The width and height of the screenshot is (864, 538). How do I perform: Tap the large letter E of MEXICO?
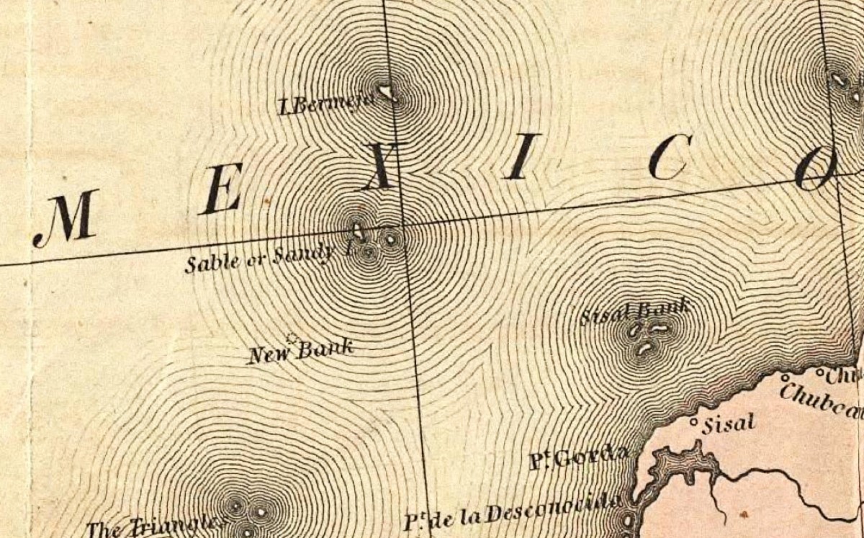pos(221,194)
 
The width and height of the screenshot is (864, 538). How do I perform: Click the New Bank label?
pos(300,351)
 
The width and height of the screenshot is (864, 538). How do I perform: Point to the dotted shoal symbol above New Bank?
pos(292,337)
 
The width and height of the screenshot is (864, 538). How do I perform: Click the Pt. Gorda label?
pos(573,457)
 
